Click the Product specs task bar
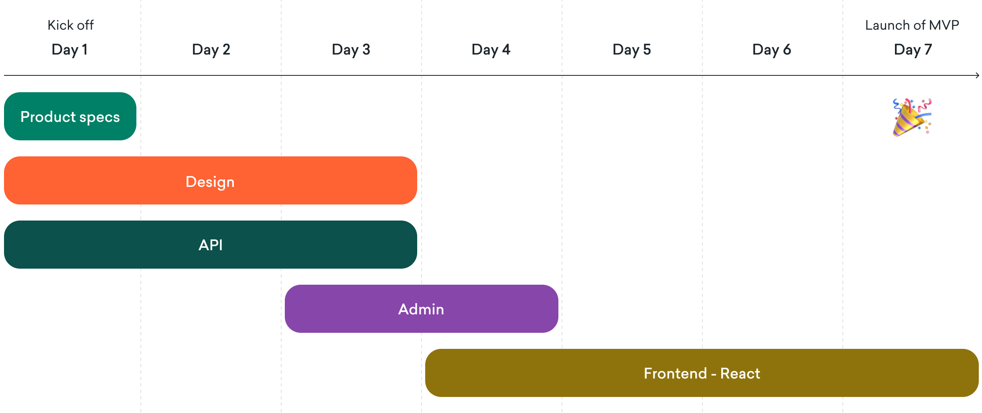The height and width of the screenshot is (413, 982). (x=70, y=116)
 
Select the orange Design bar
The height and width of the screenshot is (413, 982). (x=211, y=180)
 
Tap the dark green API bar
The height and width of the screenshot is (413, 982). (x=211, y=245)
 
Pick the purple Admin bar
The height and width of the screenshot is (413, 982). (x=421, y=309)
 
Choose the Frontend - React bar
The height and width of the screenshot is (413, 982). (x=702, y=373)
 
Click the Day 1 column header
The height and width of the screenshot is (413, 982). (x=70, y=50)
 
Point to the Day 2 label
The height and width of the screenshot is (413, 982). (x=211, y=50)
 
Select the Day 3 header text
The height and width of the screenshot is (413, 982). (x=351, y=50)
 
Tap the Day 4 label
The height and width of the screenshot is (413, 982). (x=491, y=50)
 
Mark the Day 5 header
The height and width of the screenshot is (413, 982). (x=632, y=50)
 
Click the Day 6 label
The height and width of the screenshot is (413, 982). (x=772, y=50)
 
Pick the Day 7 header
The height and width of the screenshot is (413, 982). (x=913, y=50)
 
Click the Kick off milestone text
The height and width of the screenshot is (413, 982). (x=71, y=25)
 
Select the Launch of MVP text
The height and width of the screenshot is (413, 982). (x=912, y=25)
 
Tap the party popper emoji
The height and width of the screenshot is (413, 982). (x=912, y=117)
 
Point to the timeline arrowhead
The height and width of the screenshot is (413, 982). (x=978, y=75)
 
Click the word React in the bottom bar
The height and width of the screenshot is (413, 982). (x=740, y=373)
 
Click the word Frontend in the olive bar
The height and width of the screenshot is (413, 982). (x=676, y=373)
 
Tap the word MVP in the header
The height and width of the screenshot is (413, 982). (x=944, y=25)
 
